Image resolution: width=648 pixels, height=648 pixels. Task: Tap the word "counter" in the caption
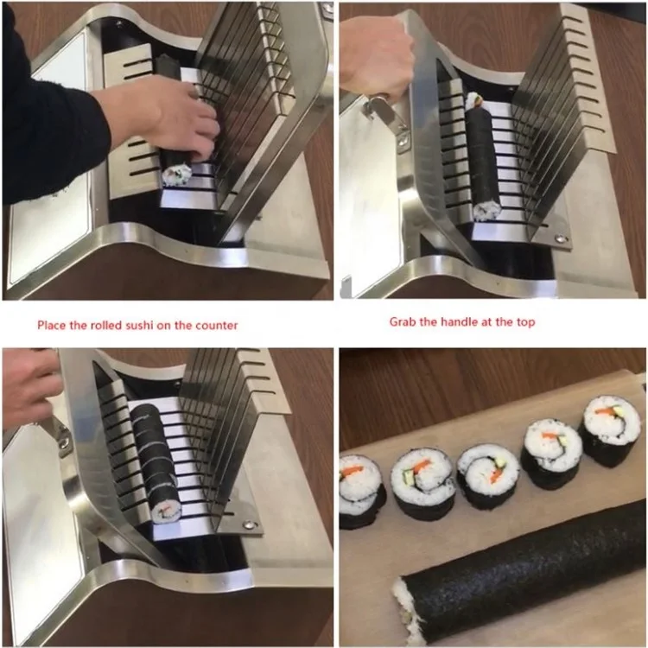click(x=216, y=326)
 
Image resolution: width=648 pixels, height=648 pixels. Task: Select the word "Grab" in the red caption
click(x=403, y=322)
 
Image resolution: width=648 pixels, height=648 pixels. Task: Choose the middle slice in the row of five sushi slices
click(x=488, y=475)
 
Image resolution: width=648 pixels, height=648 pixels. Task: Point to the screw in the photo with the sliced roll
click(x=248, y=524)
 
